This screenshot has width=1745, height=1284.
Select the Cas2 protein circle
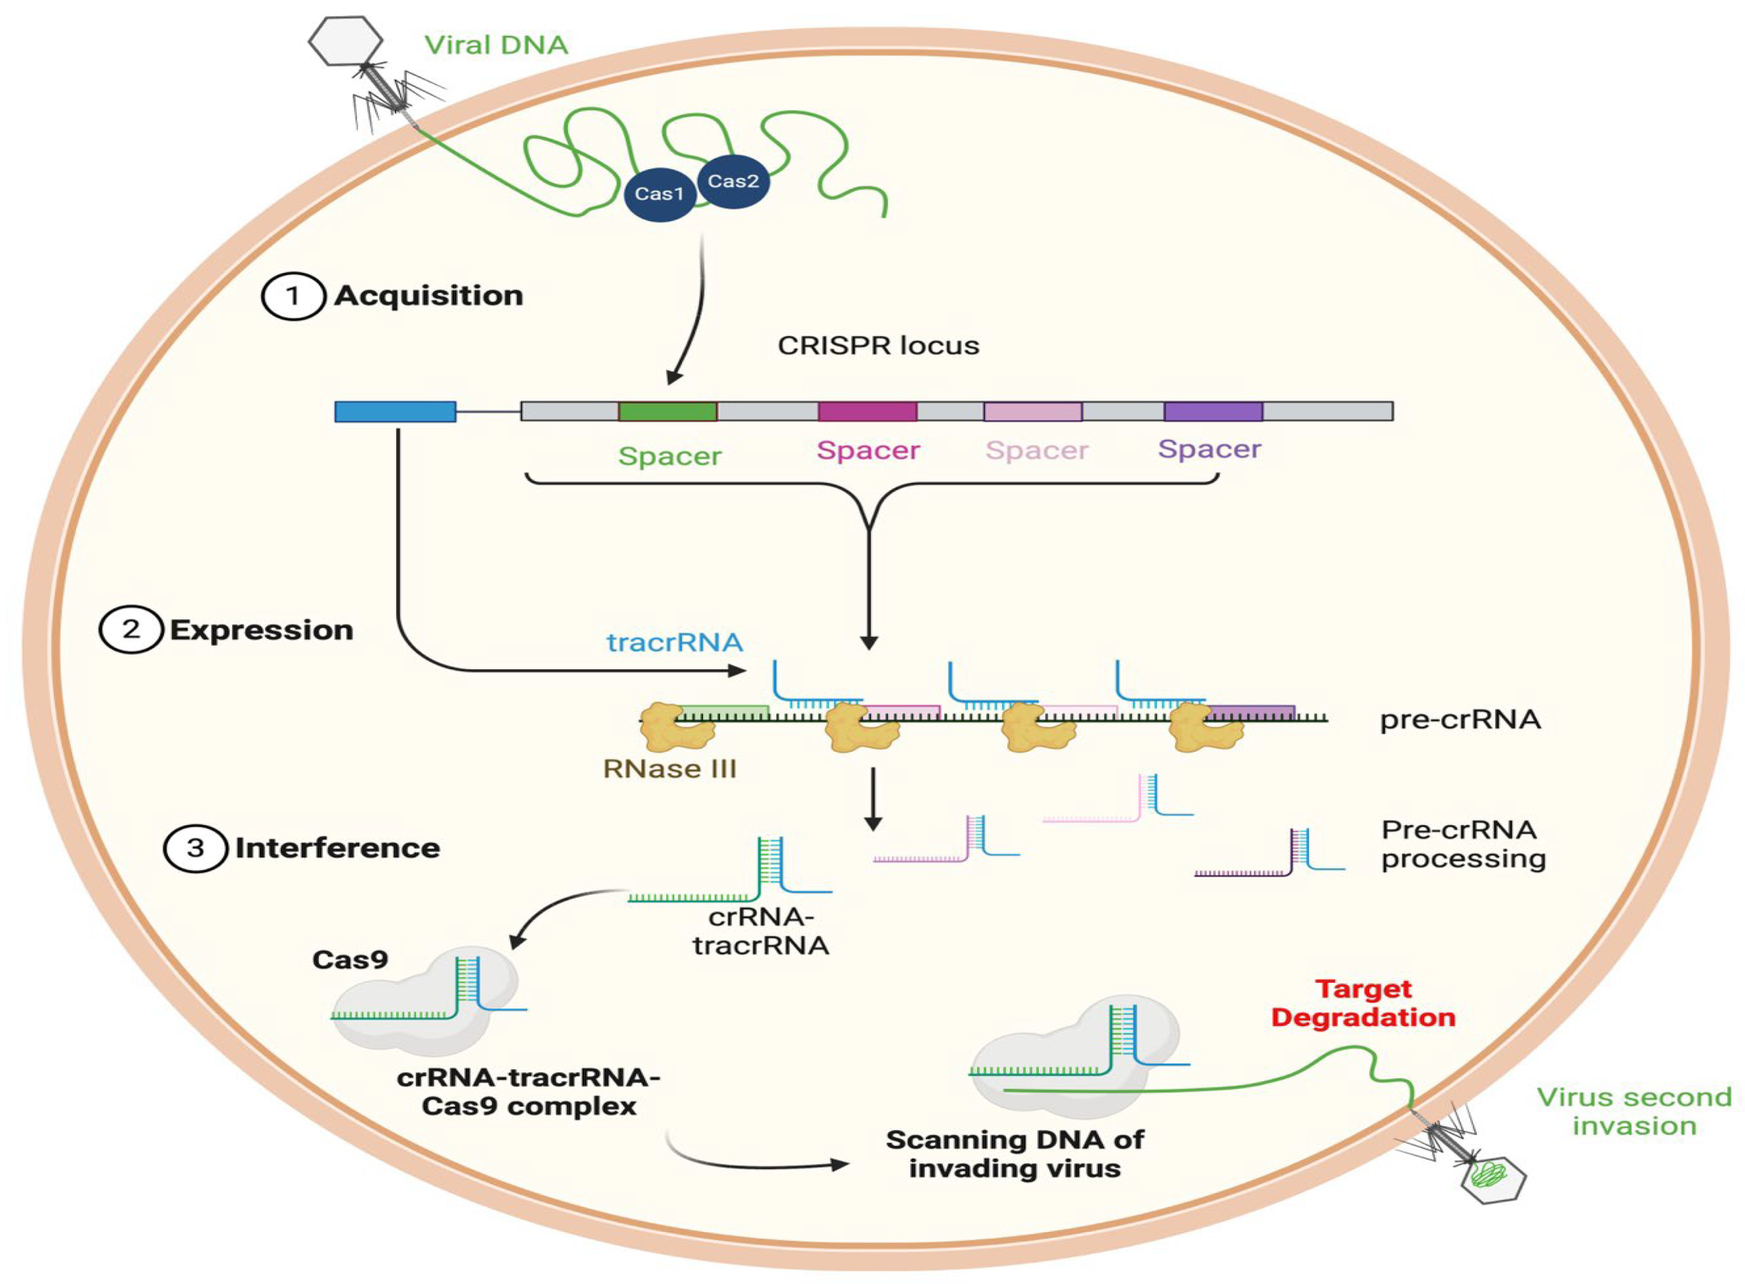(733, 181)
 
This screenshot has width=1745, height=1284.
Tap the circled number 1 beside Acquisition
(293, 296)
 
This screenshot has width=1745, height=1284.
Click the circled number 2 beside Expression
(131, 629)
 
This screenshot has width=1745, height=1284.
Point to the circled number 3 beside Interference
(195, 848)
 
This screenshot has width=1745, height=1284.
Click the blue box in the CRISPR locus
(395, 411)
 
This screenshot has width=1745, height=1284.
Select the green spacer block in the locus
(667, 411)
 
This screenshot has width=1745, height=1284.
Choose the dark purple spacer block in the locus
(1213, 411)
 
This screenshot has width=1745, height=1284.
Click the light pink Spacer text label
(1037, 451)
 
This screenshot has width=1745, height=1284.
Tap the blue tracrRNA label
(674, 642)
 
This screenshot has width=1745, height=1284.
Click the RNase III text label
(670, 769)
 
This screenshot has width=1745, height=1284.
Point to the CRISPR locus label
(879, 345)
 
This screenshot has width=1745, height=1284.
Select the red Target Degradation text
(1363, 1003)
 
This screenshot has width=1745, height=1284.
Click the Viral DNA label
(496, 45)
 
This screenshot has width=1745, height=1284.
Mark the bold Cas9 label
(350, 960)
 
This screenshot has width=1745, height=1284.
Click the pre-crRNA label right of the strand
(1460, 720)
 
